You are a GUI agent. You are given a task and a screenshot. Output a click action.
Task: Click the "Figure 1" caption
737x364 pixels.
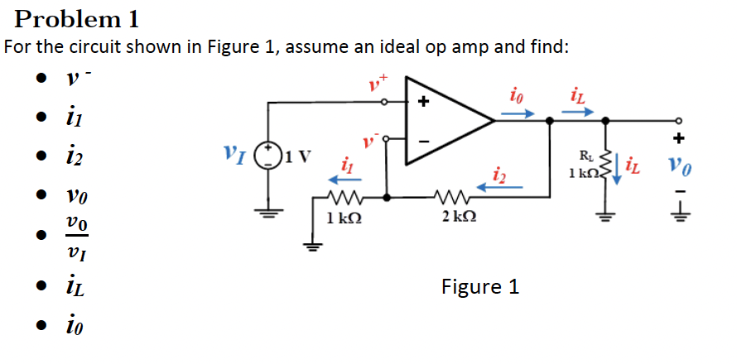(x=480, y=287)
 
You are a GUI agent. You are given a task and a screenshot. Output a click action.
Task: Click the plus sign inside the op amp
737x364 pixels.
(x=423, y=103)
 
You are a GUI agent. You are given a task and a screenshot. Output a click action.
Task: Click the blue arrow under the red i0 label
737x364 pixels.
(x=521, y=113)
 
